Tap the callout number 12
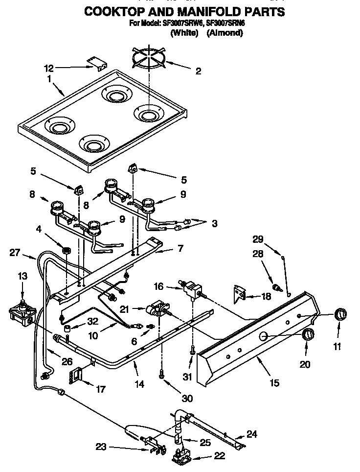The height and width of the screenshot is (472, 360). [62, 68]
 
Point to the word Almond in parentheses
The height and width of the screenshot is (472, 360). [225, 33]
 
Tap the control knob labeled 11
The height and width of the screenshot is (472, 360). [337, 314]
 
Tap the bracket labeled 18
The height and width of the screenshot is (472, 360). [240, 295]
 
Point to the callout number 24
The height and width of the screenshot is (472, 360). [251, 433]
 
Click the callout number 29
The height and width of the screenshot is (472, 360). [257, 239]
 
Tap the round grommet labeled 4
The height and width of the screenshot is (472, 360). [65, 251]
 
